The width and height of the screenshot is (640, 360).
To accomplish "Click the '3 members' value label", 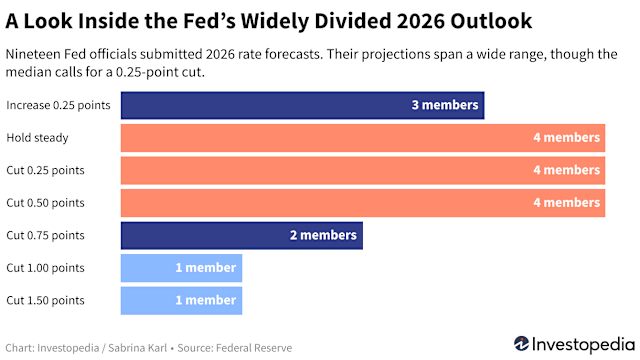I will pyautogui.click(x=444, y=105).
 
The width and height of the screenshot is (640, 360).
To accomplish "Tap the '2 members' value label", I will pyautogui.click(x=323, y=236).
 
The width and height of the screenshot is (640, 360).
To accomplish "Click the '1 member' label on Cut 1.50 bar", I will pyautogui.click(x=205, y=300).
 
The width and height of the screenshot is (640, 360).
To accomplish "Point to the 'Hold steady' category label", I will pyautogui.click(x=37, y=138).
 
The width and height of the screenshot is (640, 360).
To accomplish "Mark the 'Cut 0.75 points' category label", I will pyautogui.click(x=45, y=236).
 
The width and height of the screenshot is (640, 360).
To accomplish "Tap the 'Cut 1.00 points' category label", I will pyautogui.click(x=45, y=268).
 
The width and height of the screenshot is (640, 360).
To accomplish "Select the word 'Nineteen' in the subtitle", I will pyautogui.click(x=37, y=55).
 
